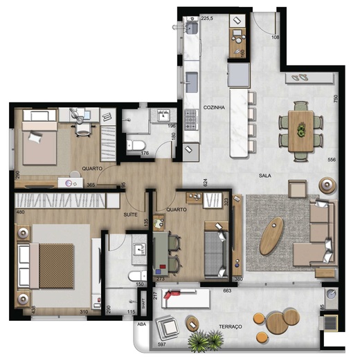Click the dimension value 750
(x=334, y=98)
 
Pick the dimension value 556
(x=332, y=160)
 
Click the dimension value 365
(x=91, y=185)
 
